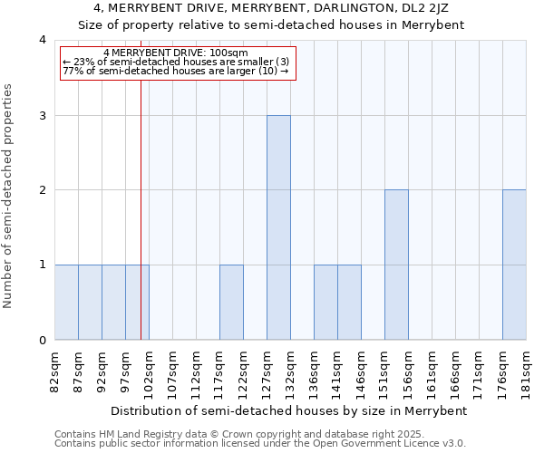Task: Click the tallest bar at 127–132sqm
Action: tap(278, 227)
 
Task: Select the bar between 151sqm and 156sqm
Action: tap(396, 265)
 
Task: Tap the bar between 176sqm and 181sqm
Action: tap(514, 265)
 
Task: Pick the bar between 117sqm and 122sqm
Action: tap(231, 302)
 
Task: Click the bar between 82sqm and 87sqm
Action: tap(66, 302)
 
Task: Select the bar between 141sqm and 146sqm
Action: tap(349, 302)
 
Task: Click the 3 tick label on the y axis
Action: tap(42, 115)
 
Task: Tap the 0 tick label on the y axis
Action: tap(42, 341)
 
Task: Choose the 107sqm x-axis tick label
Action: tap(172, 371)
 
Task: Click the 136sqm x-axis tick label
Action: tap(315, 371)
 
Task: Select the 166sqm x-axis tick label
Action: tap(456, 371)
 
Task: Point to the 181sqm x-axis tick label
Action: tap(527, 371)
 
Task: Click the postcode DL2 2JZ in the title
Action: tap(424, 8)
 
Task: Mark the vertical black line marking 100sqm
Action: tap(141, 208)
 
